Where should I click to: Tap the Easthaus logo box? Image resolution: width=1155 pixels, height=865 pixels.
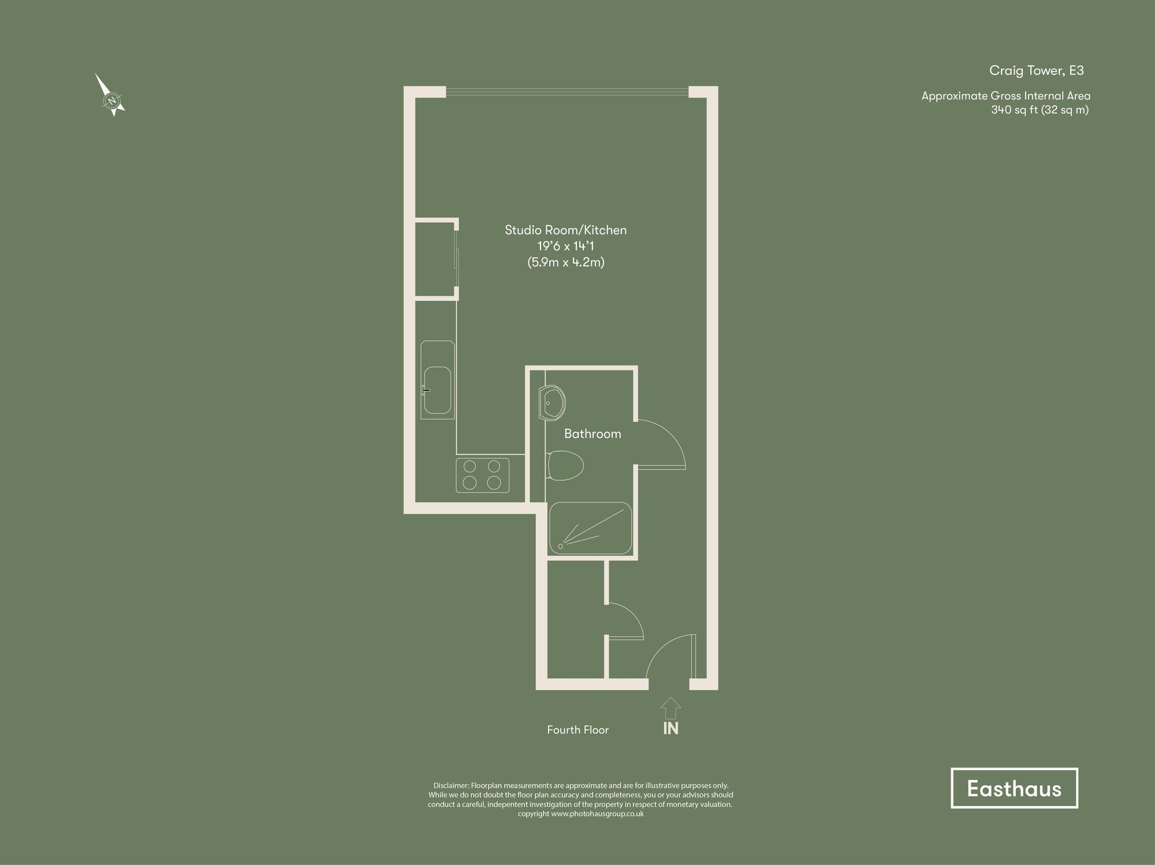(x=1014, y=788)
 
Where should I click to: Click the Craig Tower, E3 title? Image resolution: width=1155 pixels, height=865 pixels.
(x=1036, y=70)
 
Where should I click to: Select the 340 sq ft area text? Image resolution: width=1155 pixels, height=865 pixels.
(x=1039, y=110)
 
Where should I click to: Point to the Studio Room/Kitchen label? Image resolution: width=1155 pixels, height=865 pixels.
(x=565, y=230)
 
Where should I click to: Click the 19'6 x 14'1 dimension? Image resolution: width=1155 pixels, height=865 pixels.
(x=565, y=246)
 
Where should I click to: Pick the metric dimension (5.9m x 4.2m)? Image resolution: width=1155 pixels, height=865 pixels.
(x=565, y=262)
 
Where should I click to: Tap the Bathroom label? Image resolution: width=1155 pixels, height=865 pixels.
(x=593, y=434)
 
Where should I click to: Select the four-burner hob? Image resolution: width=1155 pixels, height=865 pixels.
(x=482, y=475)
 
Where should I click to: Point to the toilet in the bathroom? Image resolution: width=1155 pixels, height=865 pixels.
(x=564, y=465)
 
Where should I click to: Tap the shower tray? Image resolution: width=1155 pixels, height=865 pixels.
(x=590, y=528)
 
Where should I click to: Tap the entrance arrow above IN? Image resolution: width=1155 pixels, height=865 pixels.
(x=670, y=708)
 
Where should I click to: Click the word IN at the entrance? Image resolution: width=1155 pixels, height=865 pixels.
(x=670, y=729)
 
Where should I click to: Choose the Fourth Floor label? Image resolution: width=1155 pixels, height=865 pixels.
(x=577, y=730)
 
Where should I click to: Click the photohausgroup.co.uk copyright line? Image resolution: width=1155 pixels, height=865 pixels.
(x=580, y=814)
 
